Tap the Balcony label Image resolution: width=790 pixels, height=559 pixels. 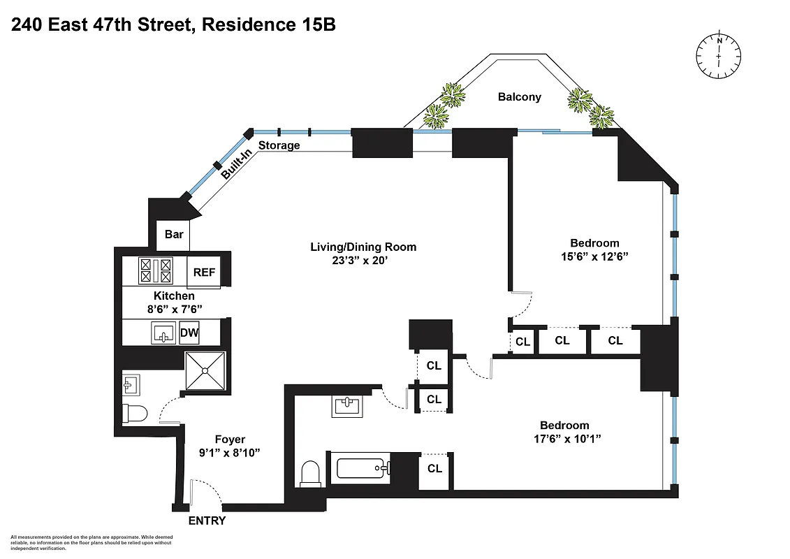[x=519, y=97]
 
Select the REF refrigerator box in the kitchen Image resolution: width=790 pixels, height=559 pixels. [x=204, y=273]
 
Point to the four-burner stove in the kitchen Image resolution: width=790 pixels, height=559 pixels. [x=155, y=270]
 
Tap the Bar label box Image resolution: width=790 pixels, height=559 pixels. [x=174, y=234]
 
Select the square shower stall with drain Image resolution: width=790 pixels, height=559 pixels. [x=206, y=372]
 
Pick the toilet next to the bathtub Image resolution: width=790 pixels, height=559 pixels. [x=309, y=474]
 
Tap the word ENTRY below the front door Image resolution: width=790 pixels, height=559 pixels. [x=207, y=521]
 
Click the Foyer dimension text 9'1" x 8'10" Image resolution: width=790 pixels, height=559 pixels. [x=230, y=453]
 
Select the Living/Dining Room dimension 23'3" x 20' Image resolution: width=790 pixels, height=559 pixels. [x=363, y=260]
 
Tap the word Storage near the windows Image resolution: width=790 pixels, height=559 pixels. [x=279, y=145]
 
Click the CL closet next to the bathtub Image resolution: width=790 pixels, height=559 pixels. [x=434, y=469]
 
